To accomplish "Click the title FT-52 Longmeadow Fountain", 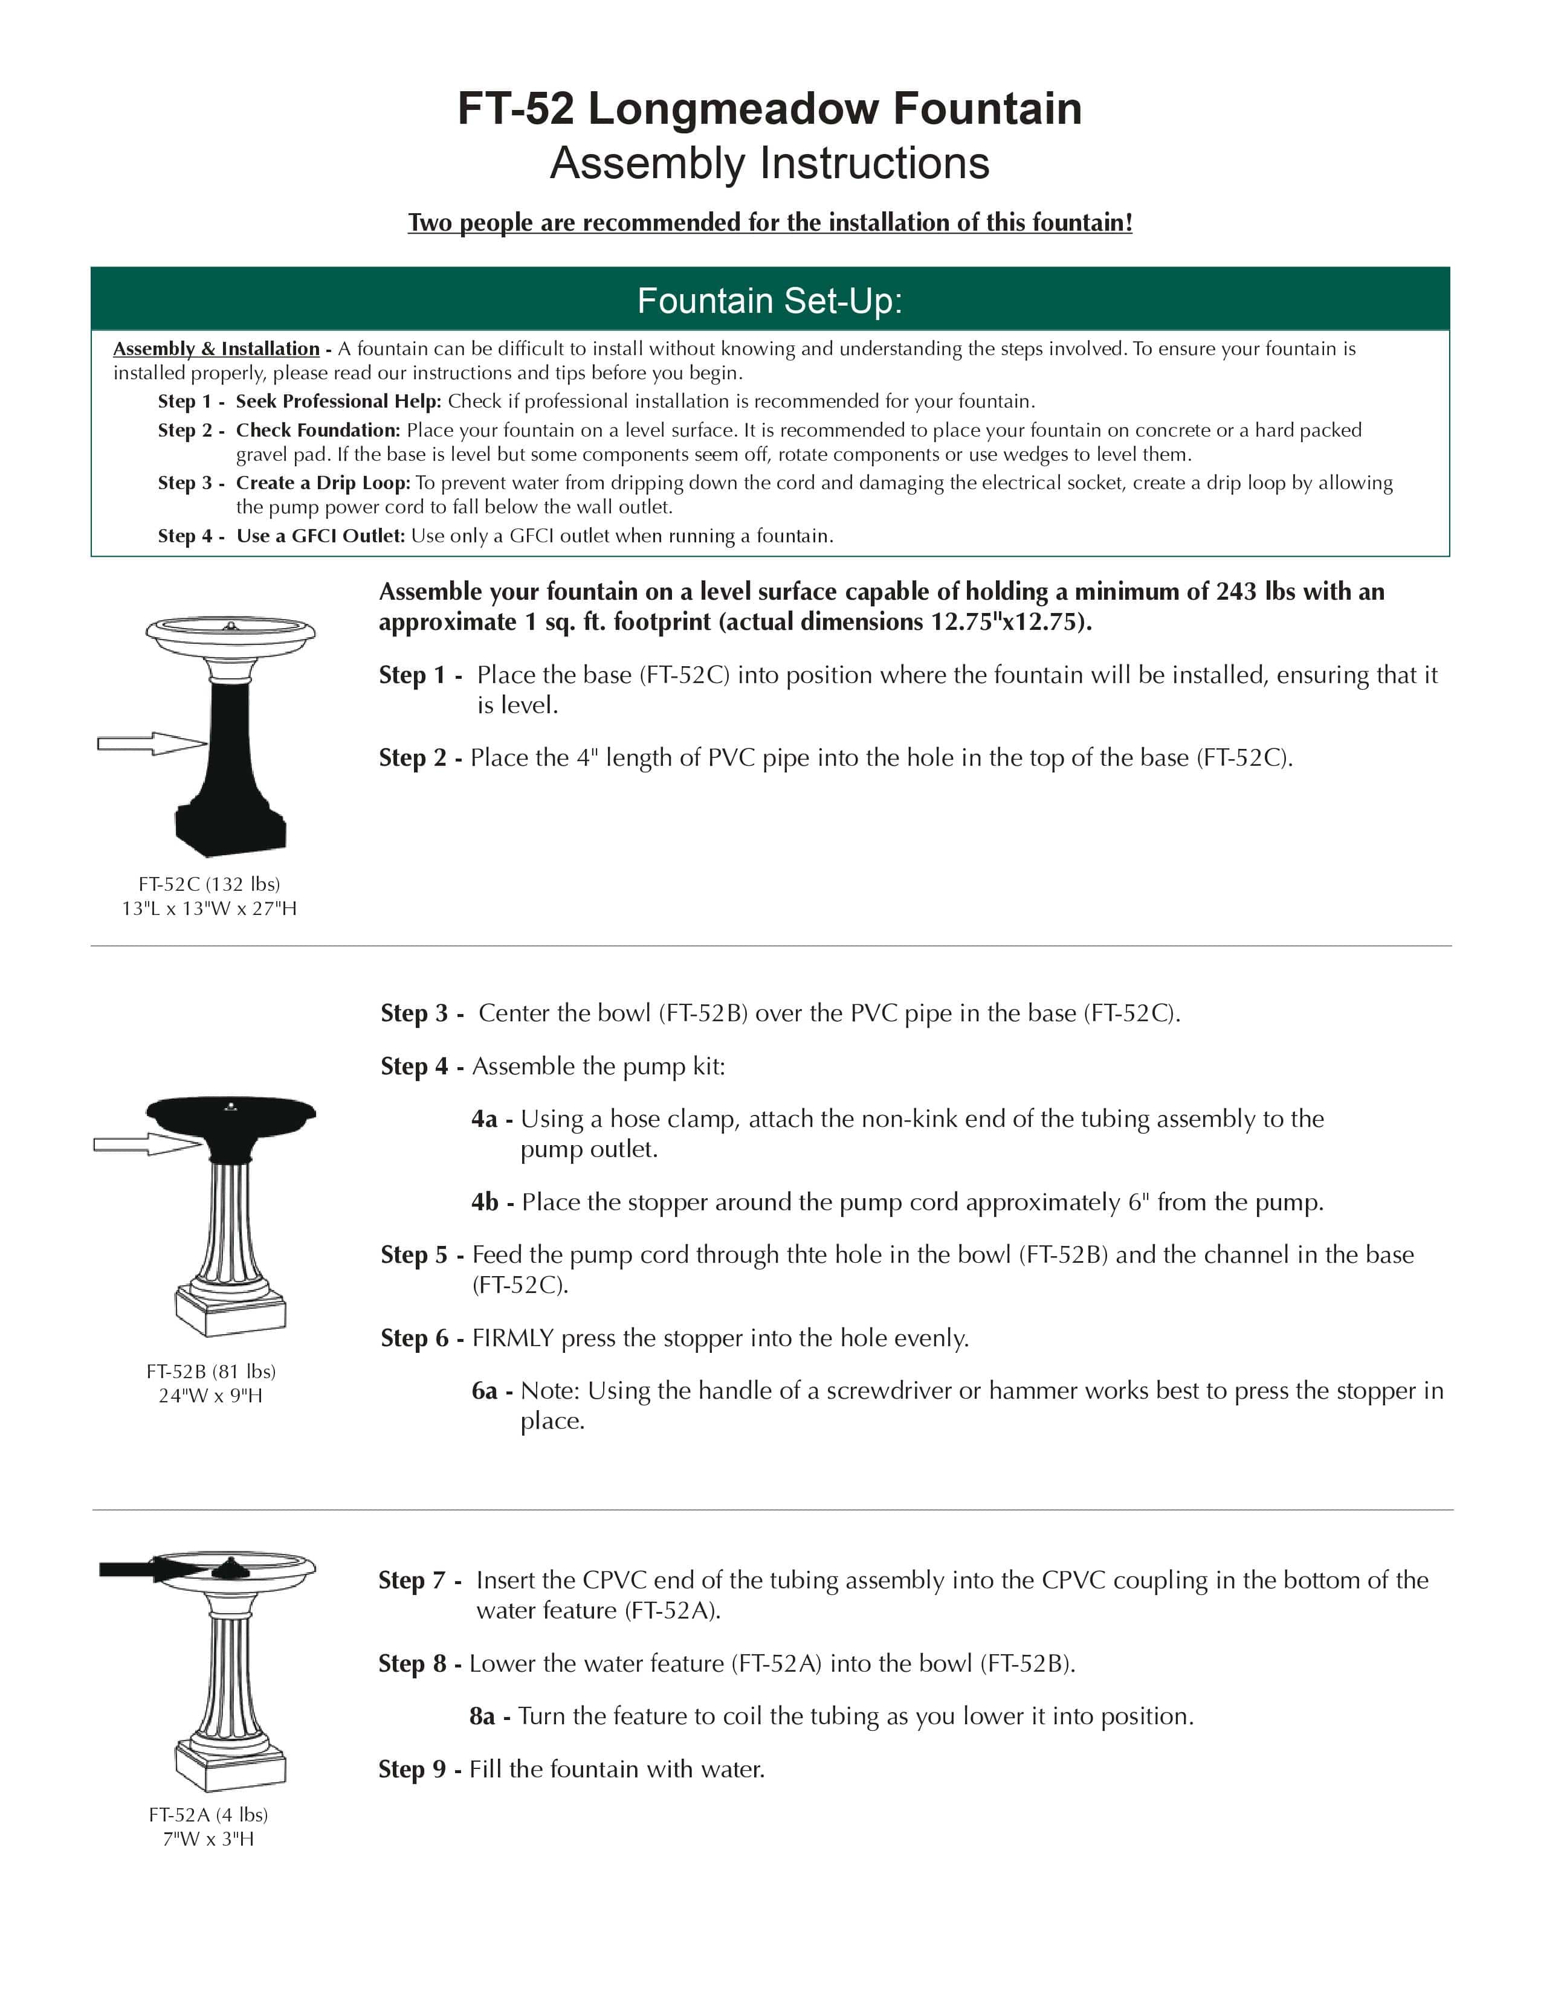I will point(769,109).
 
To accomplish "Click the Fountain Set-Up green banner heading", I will point(769,301).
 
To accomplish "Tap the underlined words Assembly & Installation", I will point(216,348).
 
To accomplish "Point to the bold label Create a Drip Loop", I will point(322,483).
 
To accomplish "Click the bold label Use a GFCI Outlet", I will point(320,536).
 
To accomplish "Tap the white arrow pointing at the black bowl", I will point(146,1143).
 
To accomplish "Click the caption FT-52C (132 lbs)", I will point(209,884).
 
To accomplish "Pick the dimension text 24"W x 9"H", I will point(210,1395).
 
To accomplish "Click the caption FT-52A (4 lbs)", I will point(208,1814).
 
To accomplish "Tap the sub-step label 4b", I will point(485,1202).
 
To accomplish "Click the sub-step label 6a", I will point(485,1391).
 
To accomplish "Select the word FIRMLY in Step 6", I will point(512,1338).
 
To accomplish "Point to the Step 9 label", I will point(413,1768).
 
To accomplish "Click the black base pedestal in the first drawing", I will point(230,775).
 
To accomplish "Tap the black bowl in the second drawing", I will point(230,1118).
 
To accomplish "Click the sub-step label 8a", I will point(483,1716).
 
